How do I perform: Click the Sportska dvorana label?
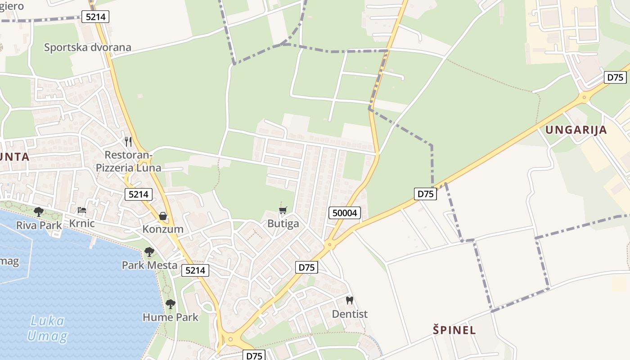pyautogui.click(x=87, y=47)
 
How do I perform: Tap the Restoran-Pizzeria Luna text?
pyautogui.click(x=128, y=161)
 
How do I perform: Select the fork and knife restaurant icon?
pyautogui.click(x=128, y=142)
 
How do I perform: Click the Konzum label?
pyautogui.click(x=163, y=229)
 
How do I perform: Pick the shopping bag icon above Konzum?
pyautogui.click(x=163, y=216)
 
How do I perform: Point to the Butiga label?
pyautogui.click(x=283, y=224)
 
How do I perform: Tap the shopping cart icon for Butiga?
pyautogui.click(x=283, y=211)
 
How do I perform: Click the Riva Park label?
pyautogui.click(x=39, y=225)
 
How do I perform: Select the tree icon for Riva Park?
pyautogui.click(x=39, y=211)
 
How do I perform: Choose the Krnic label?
pyautogui.click(x=82, y=223)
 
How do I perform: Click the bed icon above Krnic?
pyautogui.click(x=82, y=210)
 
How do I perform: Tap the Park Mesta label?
pyautogui.click(x=150, y=265)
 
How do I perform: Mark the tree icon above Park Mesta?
pyautogui.click(x=149, y=252)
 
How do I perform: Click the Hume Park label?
pyautogui.click(x=171, y=317)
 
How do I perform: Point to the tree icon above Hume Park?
pyautogui.click(x=170, y=304)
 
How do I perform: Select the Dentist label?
pyautogui.click(x=350, y=314)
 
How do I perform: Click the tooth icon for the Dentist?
pyautogui.click(x=349, y=300)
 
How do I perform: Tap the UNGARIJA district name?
pyautogui.click(x=576, y=130)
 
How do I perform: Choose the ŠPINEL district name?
pyautogui.click(x=454, y=330)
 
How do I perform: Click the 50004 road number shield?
pyautogui.click(x=345, y=213)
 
